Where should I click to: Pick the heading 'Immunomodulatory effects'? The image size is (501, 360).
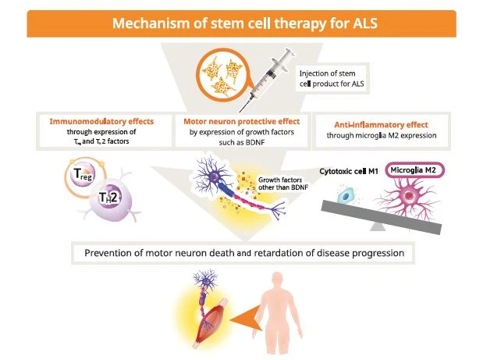pos(101,123)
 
